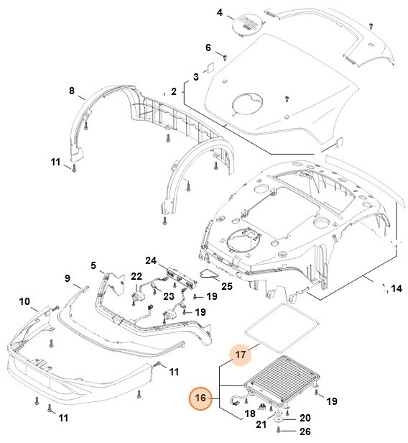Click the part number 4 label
point(220,12)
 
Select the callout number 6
point(208,48)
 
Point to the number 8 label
point(71,91)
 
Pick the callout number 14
point(396,289)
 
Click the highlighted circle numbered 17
point(241,354)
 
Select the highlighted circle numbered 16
point(200,398)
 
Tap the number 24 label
point(151,260)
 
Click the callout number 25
point(227,286)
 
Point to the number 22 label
point(136,277)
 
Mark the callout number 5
point(93,265)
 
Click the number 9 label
point(67,278)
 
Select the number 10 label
point(24,301)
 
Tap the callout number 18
point(250,414)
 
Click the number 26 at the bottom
point(305,431)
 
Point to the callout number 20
point(305,417)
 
